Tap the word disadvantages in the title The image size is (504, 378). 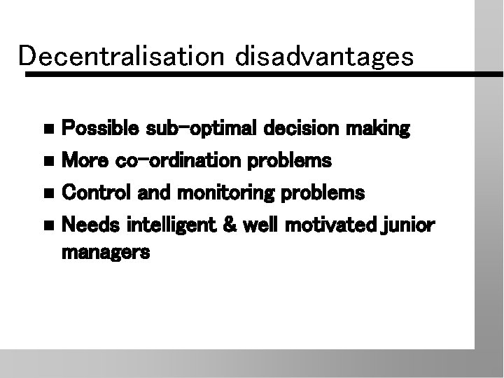(x=325, y=57)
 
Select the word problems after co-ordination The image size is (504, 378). (x=292, y=162)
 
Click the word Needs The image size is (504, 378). (x=86, y=225)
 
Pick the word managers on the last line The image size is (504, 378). (x=106, y=253)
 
